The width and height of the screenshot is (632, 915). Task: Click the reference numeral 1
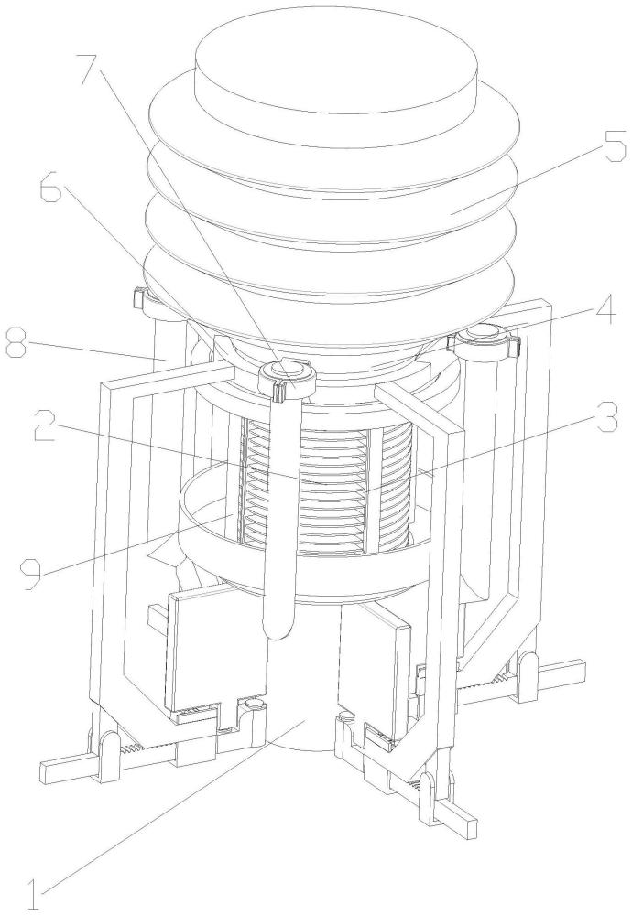point(33,889)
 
